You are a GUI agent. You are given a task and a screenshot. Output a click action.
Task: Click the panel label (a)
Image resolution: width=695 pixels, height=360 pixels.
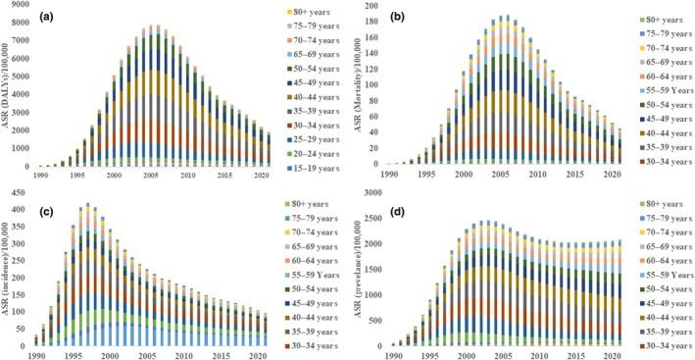(52, 17)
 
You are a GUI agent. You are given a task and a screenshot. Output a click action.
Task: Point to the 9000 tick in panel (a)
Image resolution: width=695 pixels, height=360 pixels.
(19, 7)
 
